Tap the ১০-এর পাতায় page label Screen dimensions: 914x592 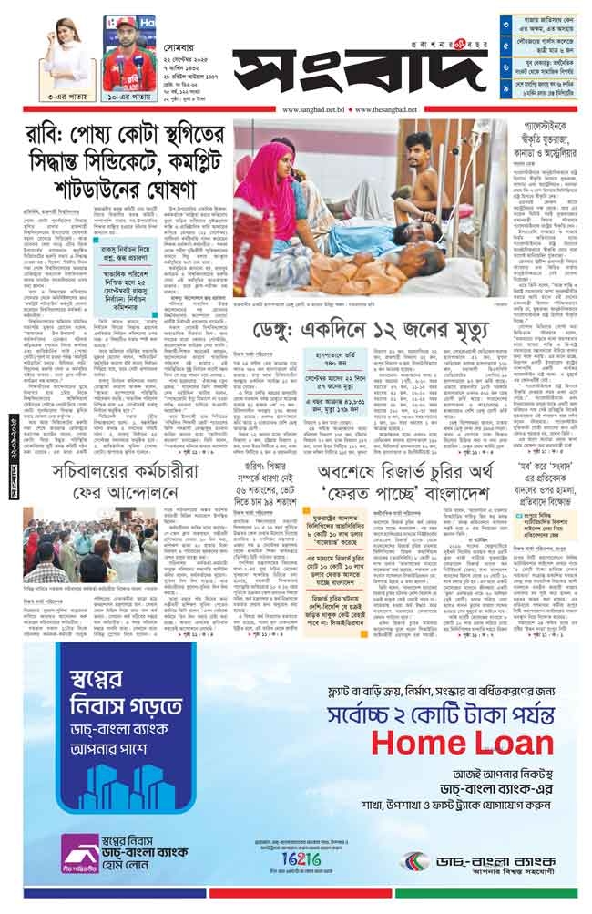(128, 96)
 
